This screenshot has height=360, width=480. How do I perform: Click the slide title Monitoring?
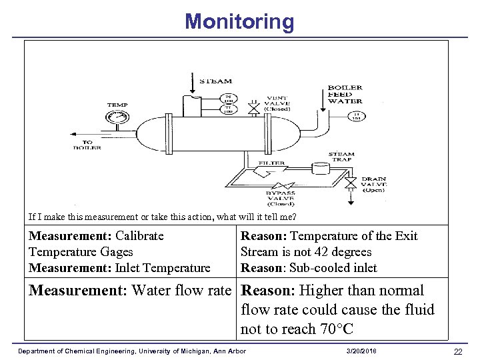click(239, 21)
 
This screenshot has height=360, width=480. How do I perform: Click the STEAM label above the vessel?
click(215, 81)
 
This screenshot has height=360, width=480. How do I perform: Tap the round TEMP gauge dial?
click(117, 119)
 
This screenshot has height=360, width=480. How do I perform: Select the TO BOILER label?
click(87, 144)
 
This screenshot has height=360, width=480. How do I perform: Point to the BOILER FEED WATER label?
click(345, 94)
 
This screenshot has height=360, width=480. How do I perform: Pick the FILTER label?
click(272, 163)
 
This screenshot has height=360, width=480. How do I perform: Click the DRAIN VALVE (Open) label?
click(373, 184)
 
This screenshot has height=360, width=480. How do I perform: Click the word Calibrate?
click(139, 236)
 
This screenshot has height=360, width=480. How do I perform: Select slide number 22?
click(457, 351)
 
